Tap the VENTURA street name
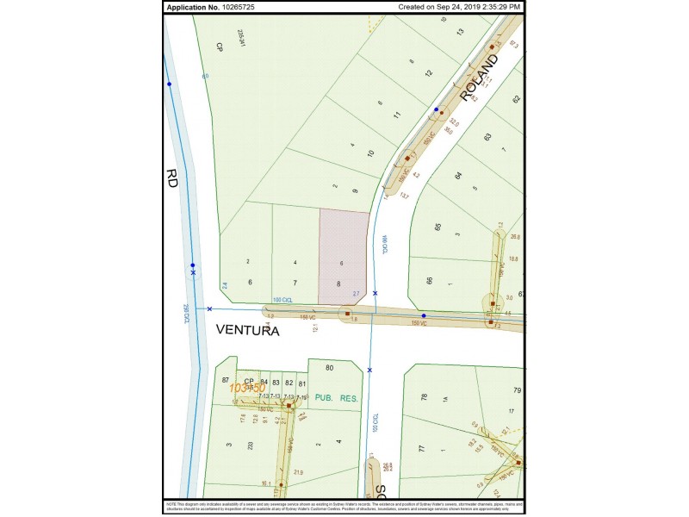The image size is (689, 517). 247,330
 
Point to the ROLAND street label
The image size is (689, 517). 479,78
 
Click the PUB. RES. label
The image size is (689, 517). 334,399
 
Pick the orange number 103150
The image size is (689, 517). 248,389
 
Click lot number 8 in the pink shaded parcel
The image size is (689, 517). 339,283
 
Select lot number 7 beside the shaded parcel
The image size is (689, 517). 295,283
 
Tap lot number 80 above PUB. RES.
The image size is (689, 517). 329,369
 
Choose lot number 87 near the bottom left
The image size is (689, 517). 226,381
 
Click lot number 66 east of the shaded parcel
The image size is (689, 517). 428,281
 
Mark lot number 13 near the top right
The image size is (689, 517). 460,32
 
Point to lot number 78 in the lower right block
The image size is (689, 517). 423,397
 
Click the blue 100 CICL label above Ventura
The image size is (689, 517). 282,300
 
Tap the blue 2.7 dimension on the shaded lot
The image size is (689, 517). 356,294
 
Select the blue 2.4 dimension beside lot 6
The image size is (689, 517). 224,285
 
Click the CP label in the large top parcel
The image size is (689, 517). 220,47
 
